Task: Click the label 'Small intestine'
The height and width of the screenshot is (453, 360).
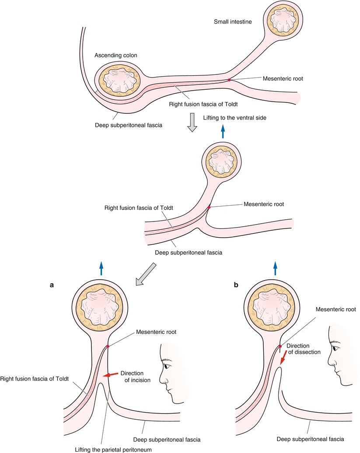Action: pyautogui.click(x=233, y=21)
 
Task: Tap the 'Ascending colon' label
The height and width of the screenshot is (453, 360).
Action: pyautogui.click(x=115, y=56)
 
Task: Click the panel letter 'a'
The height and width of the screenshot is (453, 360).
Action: pyautogui.click(x=52, y=285)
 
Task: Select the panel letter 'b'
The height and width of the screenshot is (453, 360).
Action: pyautogui.click(x=237, y=285)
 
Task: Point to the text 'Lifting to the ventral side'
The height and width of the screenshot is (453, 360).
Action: pyautogui.click(x=235, y=118)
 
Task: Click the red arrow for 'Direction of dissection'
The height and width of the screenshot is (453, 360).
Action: pyautogui.click(x=283, y=358)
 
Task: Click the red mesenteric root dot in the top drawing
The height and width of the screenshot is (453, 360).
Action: pyautogui.click(x=229, y=80)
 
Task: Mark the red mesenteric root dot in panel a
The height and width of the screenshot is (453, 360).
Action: pyautogui.click(x=107, y=346)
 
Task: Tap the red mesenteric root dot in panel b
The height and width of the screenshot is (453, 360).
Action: pyautogui.click(x=280, y=346)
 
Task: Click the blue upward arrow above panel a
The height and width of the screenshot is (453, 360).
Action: pyautogui.click(x=101, y=268)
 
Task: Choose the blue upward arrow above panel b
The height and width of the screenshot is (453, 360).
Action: pyautogui.click(x=275, y=268)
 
